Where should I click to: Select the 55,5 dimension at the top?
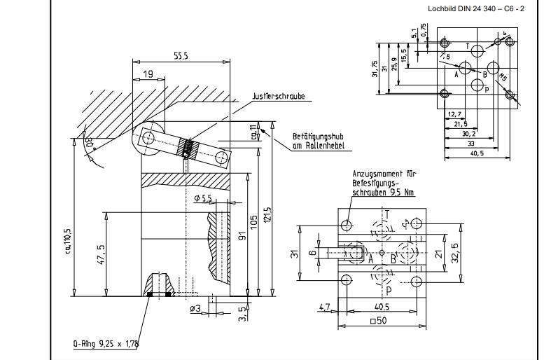(x=181, y=55)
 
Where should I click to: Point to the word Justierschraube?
(x=278, y=97)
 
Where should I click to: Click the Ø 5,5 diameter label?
(x=202, y=199)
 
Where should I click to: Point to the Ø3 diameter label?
(x=195, y=308)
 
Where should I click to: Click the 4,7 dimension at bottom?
(x=323, y=306)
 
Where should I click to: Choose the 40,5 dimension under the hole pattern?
(x=476, y=153)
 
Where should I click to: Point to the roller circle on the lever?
(x=147, y=139)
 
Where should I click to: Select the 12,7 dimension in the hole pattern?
(x=454, y=114)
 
